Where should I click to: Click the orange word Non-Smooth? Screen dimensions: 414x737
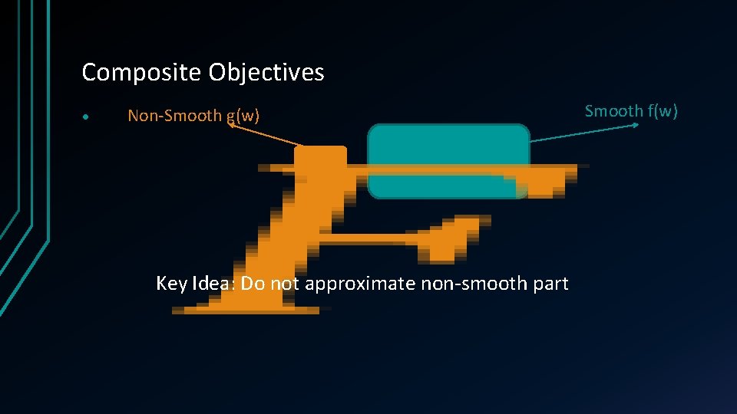click(x=174, y=116)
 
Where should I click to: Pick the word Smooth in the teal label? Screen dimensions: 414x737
click(x=613, y=110)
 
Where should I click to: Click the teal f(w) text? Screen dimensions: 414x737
click(x=663, y=111)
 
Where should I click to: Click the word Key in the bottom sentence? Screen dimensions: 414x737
click(x=171, y=284)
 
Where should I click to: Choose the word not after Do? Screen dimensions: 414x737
click(x=285, y=284)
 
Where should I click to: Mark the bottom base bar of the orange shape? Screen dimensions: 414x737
click(x=246, y=309)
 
